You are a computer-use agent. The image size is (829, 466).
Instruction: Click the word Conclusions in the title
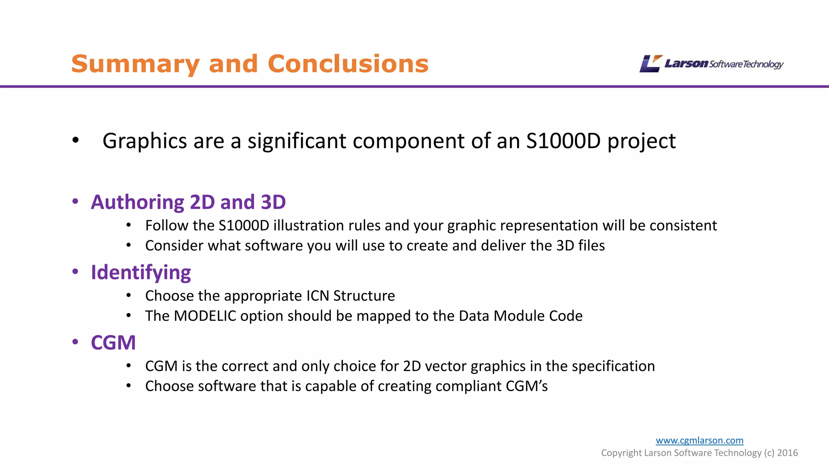tap(348, 64)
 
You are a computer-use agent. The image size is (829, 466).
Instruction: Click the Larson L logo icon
tap(650, 64)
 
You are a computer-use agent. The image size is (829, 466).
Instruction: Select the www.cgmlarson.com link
tap(699, 440)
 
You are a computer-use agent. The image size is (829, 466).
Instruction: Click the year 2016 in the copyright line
tap(787, 453)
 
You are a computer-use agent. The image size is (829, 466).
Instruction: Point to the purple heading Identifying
tap(140, 273)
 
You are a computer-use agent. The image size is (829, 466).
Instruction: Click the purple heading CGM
tap(113, 343)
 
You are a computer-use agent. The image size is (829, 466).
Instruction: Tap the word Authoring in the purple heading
tap(138, 202)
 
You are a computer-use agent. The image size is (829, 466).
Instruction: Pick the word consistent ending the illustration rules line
tap(683, 226)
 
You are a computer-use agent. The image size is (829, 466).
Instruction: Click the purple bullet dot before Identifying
tap(75, 271)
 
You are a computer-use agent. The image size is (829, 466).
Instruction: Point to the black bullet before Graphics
tap(75, 140)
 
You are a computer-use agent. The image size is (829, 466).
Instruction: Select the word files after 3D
tap(591, 246)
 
